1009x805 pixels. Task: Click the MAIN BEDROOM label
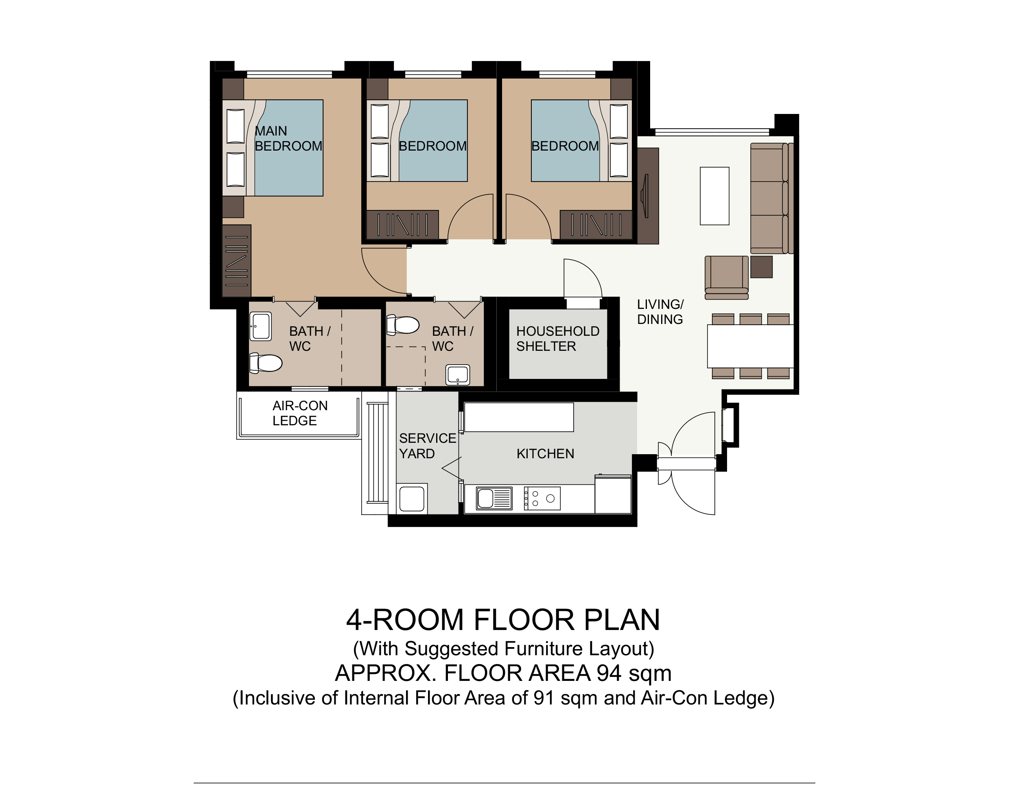pyautogui.click(x=288, y=138)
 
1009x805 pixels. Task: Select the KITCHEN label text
pyautogui.click(x=545, y=453)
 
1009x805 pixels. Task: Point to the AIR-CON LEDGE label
pyautogui.click(x=300, y=413)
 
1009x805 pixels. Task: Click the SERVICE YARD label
pyautogui.click(x=427, y=446)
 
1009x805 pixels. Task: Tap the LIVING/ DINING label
pyautogui.click(x=660, y=312)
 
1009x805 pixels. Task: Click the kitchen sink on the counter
pyautogui.click(x=494, y=498)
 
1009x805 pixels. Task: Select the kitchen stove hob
pyautogui.click(x=542, y=499)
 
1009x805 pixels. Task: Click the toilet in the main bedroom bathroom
pyautogui.click(x=266, y=363)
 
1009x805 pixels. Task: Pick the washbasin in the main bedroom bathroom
pyautogui.click(x=261, y=326)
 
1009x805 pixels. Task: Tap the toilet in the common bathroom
pyautogui.click(x=403, y=325)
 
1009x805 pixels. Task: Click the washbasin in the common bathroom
pyautogui.click(x=458, y=375)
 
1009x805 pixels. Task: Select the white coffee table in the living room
pyautogui.click(x=714, y=196)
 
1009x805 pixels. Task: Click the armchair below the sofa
pyautogui.click(x=727, y=277)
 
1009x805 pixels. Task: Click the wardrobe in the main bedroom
pyautogui.click(x=236, y=261)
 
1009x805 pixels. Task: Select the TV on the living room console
pyautogui.click(x=645, y=196)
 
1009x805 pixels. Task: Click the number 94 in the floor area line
pyautogui.click(x=608, y=673)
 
